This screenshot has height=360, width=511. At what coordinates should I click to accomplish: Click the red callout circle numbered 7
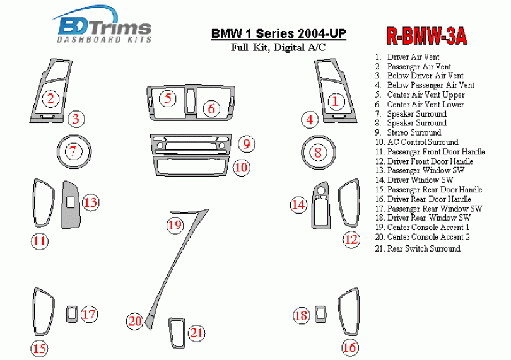click(x=73, y=151)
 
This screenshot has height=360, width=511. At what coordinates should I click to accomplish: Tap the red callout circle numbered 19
click(x=175, y=224)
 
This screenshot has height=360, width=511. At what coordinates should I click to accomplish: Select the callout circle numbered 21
click(x=197, y=333)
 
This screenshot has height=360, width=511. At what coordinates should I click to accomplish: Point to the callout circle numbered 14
click(x=298, y=204)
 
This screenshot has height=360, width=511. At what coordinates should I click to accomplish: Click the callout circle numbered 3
click(x=76, y=119)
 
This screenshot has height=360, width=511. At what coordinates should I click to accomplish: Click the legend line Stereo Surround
click(x=413, y=132)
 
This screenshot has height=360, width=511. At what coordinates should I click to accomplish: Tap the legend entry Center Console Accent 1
click(x=428, y=227)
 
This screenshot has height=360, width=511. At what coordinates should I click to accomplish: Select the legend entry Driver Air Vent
click(x=413, y=57)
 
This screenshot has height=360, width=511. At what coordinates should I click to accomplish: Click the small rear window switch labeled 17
click(x=72, y=313)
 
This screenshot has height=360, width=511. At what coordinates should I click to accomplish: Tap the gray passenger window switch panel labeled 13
click(x=69, y=203)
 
